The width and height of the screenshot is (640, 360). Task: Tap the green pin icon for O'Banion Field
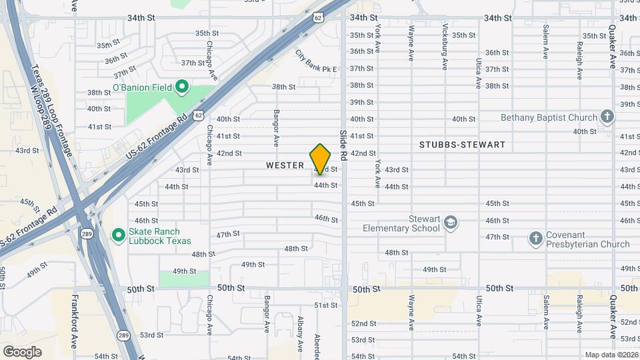181,87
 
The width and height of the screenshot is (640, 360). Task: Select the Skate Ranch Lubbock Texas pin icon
119,235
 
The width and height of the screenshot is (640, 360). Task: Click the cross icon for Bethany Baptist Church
607,117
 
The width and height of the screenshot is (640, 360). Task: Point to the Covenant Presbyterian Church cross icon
535,238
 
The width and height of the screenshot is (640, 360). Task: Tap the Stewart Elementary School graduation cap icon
451,222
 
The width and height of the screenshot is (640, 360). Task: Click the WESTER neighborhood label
285,165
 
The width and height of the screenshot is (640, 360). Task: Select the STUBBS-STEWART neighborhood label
462,145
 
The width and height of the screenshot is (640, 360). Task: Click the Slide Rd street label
344,145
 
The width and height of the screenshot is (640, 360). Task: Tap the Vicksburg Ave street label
445,47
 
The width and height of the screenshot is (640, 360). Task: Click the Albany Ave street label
300,334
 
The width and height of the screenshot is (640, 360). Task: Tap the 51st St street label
326,305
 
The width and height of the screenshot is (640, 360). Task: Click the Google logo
22,351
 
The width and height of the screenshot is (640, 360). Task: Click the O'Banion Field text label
143,87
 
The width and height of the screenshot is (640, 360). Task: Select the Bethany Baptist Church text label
549,117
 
